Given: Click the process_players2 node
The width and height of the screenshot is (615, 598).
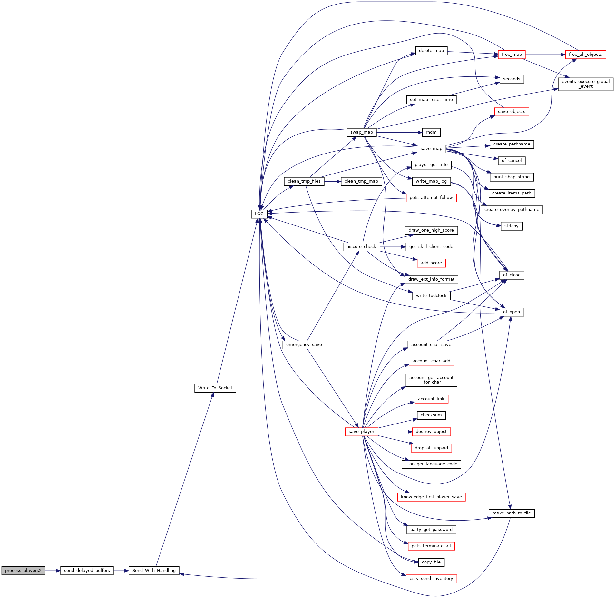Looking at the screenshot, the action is (x=23, y=570).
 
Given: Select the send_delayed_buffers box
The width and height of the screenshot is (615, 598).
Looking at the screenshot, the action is (x=87, y=570).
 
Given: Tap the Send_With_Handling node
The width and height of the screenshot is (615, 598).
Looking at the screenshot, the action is (x=154, y=570).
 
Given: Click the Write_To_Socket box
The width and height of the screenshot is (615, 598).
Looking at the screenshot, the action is (x=215, y=388).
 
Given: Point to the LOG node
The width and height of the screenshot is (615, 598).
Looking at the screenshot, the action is (x=259, y=214).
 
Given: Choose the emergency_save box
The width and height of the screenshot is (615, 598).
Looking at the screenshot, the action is (x=304, y=345).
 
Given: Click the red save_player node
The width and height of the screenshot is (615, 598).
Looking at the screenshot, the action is (x=361, y=432).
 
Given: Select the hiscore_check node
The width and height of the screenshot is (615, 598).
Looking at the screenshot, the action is (x=361, y=247).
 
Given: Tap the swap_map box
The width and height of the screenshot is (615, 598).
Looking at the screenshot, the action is (x=361, y=132).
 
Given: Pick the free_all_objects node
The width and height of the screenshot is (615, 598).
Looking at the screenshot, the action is (x=585, y=55).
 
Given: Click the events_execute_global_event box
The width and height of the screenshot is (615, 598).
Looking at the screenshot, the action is (x=585, y=84).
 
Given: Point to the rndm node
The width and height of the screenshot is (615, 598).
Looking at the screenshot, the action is (x=431, y=132).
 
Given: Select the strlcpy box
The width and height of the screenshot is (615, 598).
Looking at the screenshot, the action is (x=512, y=226).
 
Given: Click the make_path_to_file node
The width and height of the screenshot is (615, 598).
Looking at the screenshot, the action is (x=512, y=513).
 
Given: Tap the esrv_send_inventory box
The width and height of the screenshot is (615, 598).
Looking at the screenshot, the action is (x=431, y=579).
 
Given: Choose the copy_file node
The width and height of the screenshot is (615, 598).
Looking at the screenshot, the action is (x=431, y=562).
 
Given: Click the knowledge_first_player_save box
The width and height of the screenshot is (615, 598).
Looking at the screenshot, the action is (x=431, y=497).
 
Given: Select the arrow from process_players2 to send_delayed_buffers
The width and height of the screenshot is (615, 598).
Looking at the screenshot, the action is (x=53, y=571).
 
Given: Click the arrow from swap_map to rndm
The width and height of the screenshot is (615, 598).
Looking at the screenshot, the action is (x=399, y=132).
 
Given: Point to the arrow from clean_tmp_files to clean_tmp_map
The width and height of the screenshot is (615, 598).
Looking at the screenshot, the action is (x=333, y=181).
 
